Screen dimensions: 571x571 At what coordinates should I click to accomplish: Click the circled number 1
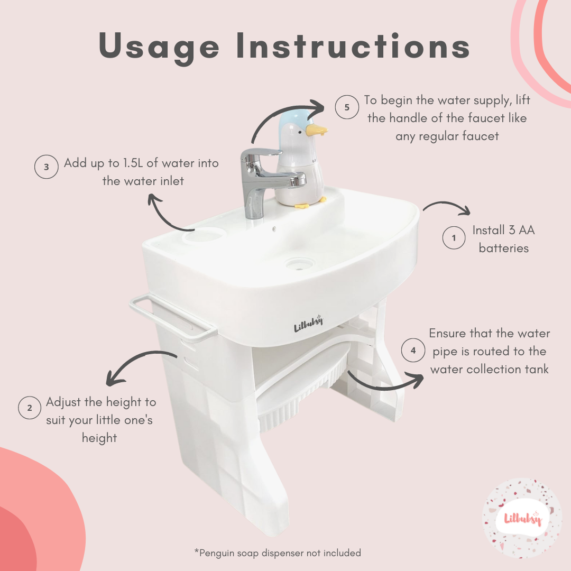pos(454,238)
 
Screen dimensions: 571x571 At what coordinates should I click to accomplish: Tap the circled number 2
pos(30,408)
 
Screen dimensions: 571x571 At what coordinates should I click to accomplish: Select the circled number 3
pos(46,167)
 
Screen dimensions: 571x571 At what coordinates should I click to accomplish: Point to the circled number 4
pos(413,351)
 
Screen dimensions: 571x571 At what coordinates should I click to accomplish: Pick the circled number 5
pos(347,107)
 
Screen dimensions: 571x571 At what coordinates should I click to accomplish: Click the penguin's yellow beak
pos(316,130)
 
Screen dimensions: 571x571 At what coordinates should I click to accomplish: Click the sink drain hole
pos(300,263)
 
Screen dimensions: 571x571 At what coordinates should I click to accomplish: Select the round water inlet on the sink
pos(202,235)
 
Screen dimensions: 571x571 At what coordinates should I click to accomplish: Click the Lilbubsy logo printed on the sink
pos(308,324)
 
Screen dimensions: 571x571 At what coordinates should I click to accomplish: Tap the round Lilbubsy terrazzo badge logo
pos(522,518)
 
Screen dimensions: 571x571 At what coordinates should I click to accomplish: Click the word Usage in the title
pos(159,47)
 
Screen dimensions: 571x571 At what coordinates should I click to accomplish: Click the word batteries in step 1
pos(504,248)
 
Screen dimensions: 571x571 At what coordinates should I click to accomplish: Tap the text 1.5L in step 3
pos(133,163)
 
